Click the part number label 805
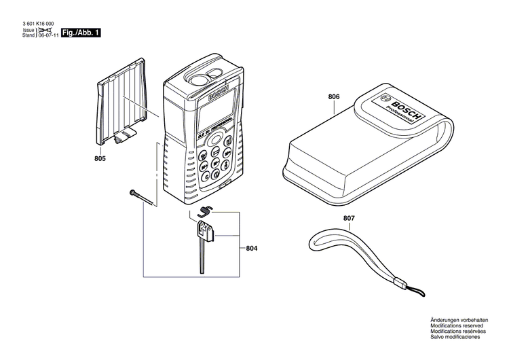(x=100, y=160)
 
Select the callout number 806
(x=333, y=97)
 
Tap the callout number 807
(x=348, y=219)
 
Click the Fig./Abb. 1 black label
(x=81, y=33)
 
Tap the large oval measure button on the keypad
(x=216, y=139)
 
